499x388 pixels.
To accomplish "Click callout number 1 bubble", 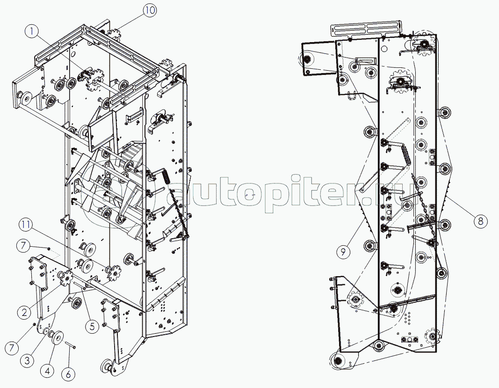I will (32, 32).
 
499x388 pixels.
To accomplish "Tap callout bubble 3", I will (28, 360).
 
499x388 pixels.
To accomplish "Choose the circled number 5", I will (92, 326).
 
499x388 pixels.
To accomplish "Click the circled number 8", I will (480, 220).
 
